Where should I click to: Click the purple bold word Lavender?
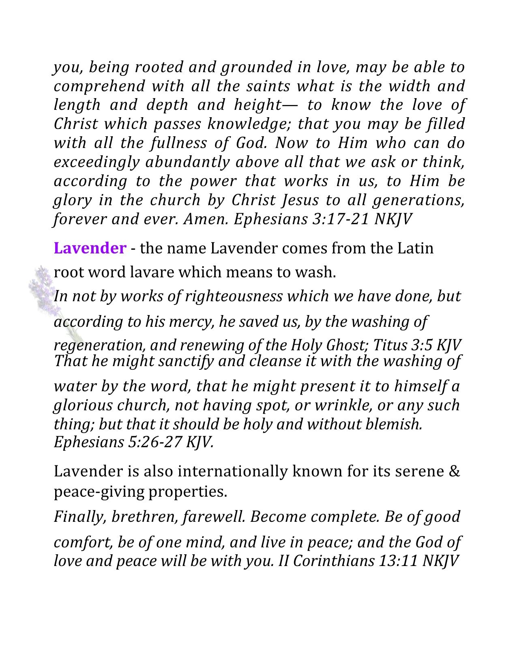coord(90,248)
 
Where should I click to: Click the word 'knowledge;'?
coord(249,124)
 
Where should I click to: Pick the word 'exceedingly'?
coord(97,162)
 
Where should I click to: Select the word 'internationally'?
coord(233,471)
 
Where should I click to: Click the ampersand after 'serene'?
coord(455,471)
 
